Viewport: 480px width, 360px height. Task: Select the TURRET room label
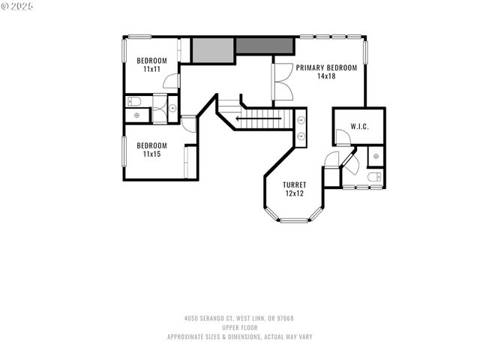click(x=293, y=184)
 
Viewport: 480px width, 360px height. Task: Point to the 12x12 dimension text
click(x=293, y=193)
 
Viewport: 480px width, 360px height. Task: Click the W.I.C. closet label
click(x=359, y=126)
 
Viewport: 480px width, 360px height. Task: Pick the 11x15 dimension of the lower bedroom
click(x=151, y=154)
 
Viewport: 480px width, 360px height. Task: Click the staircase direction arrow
click(x=251, y=118)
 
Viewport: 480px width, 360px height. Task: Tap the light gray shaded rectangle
click(x=213, y=49)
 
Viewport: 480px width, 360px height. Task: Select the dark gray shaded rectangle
click(x=254, y=45)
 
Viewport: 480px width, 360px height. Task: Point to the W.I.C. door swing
click(x=341, y=137)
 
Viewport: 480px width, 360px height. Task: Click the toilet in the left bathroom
click(x=136, y=100)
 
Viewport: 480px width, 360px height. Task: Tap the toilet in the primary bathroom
click(x=375, y=177)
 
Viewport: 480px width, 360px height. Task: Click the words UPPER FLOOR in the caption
click(x=239, y=328)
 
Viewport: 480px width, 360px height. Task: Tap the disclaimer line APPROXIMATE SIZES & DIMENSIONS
click(x=239, y=337)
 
